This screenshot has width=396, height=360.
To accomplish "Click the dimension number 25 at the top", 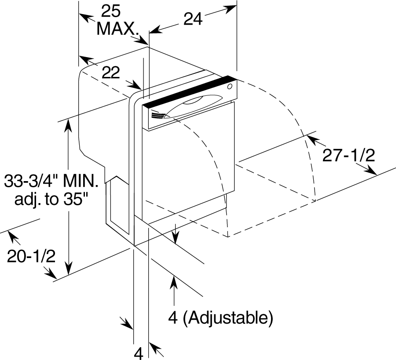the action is coord(111,11).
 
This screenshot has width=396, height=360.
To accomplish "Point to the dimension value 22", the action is coord(110,73).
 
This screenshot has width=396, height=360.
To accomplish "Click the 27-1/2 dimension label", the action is coord(348,156).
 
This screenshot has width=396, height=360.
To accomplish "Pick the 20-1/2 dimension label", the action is coord(31,256).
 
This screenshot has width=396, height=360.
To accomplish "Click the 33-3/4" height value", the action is coord(32,181).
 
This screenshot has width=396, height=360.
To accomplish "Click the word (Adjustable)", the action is coord(227,318).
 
